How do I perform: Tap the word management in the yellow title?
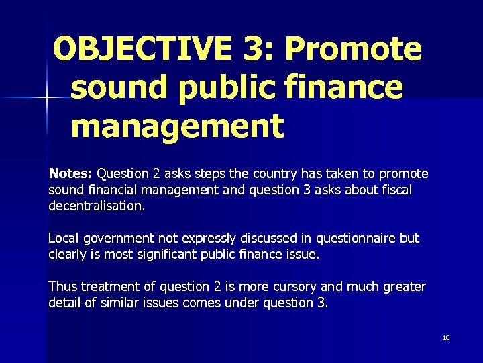(x=177, y=126)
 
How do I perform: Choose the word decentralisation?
(x=96, y=206)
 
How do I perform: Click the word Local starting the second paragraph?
(x=63, y=238)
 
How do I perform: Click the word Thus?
(x=62, y=287)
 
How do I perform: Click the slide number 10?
(x=446, y=337)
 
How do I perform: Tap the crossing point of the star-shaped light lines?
(x=47, y=99)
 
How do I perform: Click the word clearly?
(x=68, y=254)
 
